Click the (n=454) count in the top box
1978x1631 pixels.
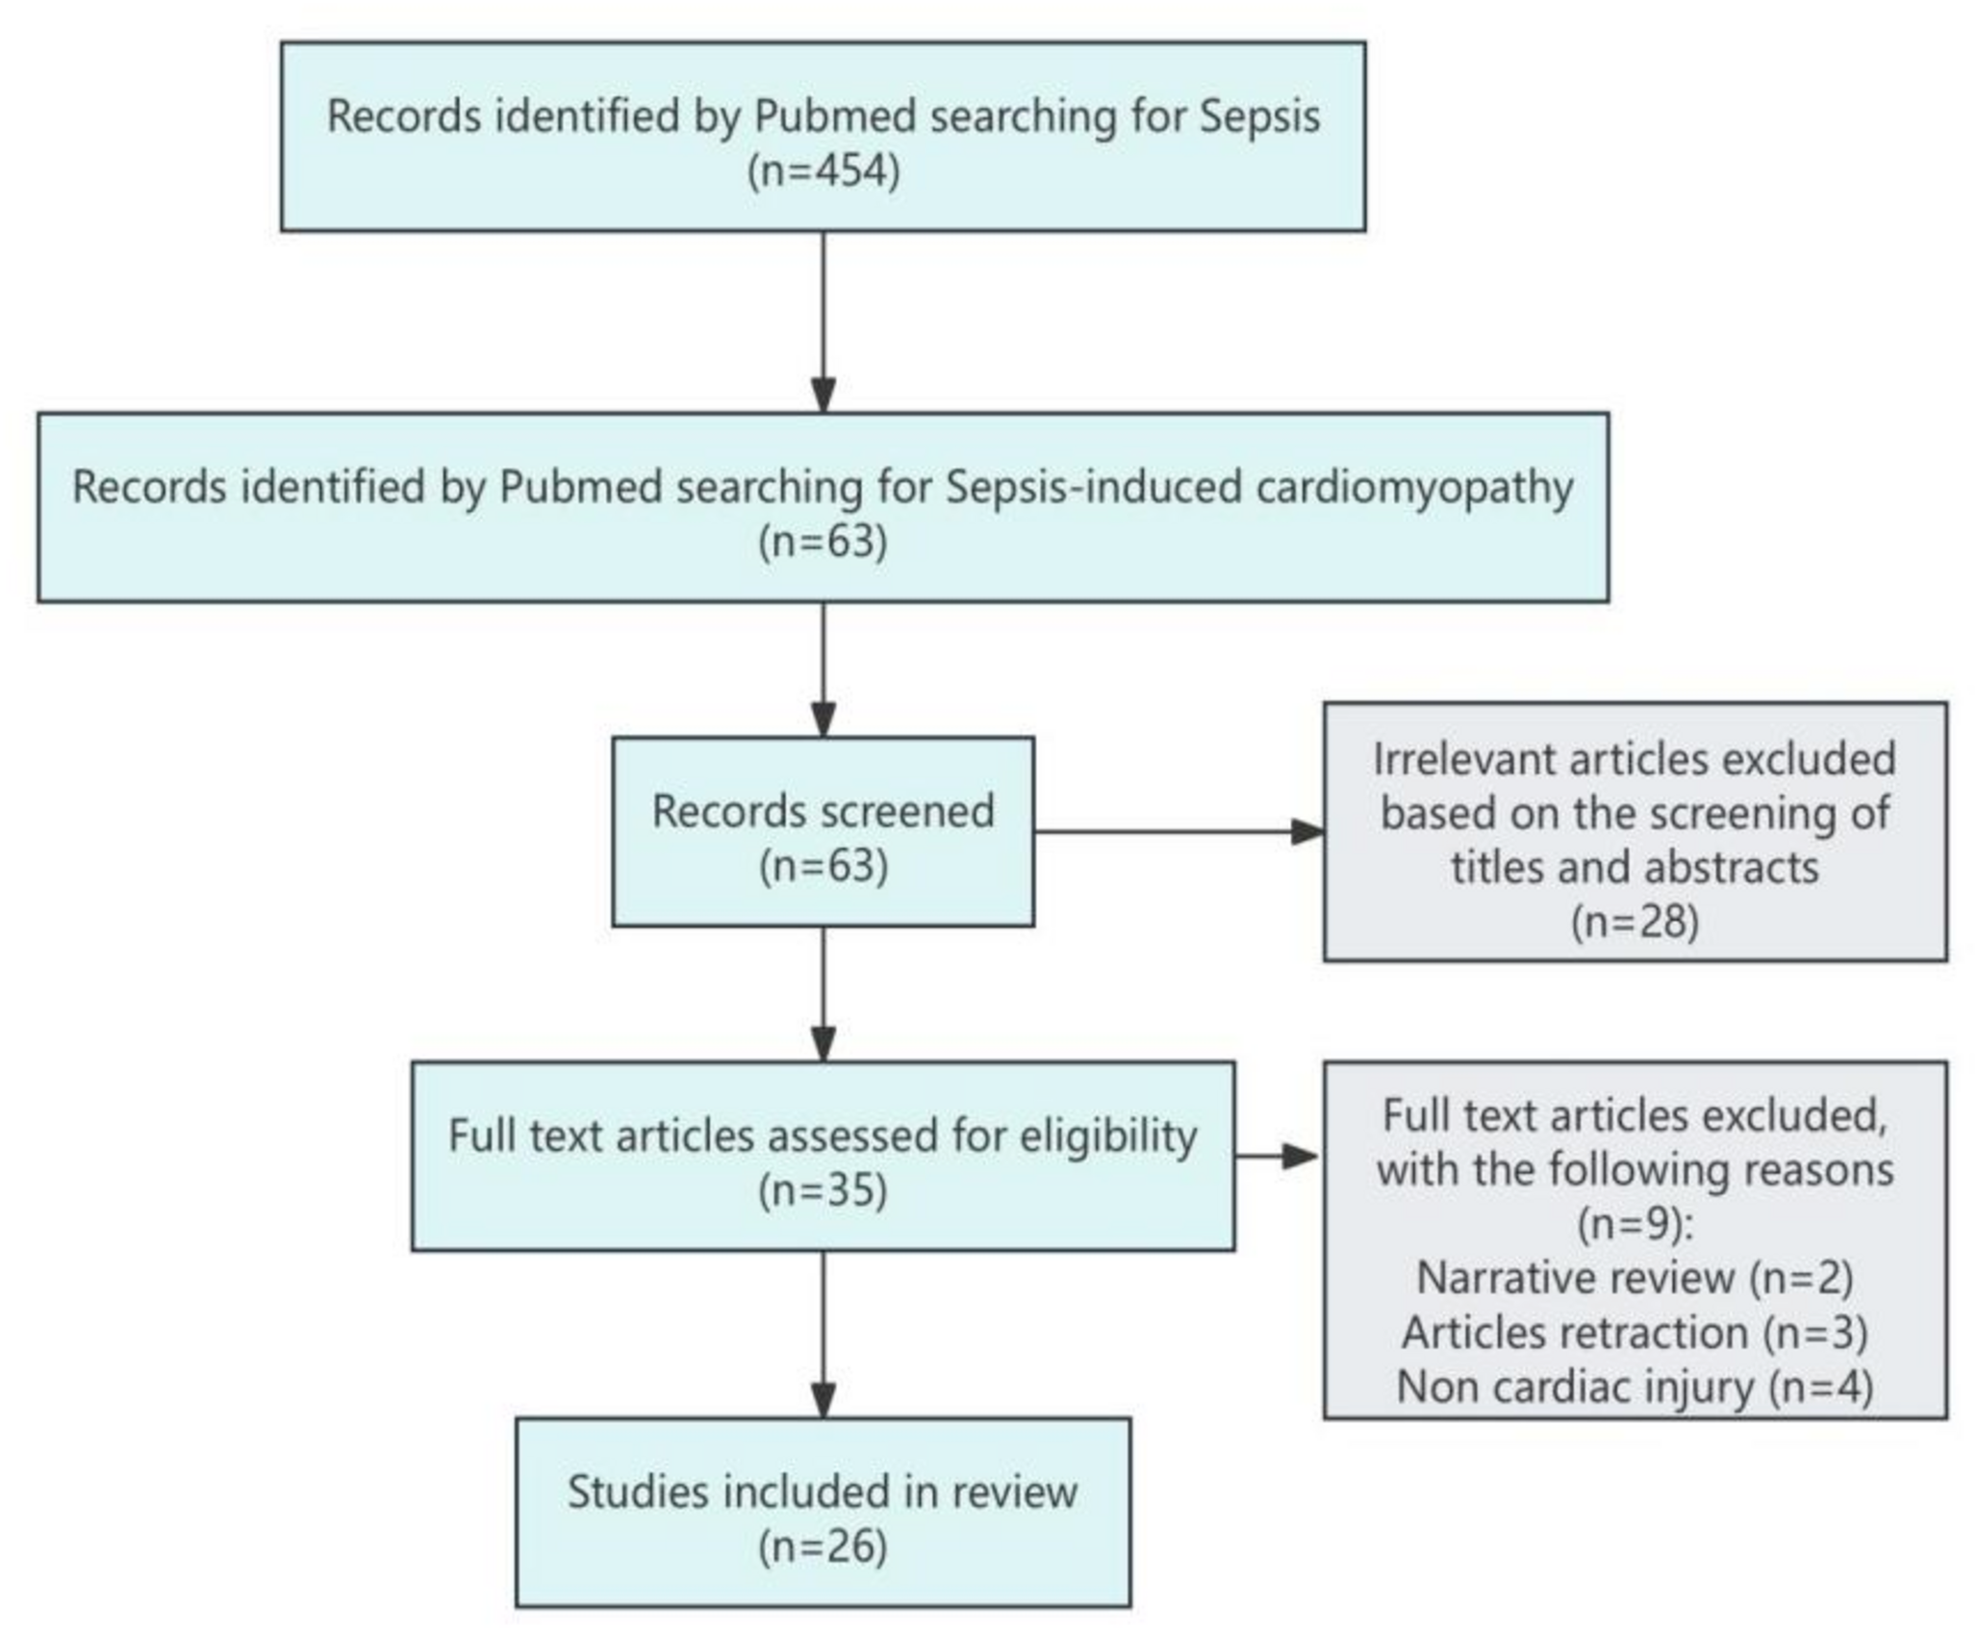(x=824, y=171)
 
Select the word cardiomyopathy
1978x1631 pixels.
(x=1415, y=487)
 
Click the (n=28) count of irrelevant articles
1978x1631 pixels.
(x=1635, y=921)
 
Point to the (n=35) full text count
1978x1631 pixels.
(x=823, y=1191)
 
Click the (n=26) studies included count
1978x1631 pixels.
(x=823, y=1547)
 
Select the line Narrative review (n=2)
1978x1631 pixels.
(x=1635, y=1278)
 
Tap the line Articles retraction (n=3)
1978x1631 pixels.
(x=1635, y=1333)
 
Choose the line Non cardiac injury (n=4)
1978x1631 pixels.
(x=1635, y=1387)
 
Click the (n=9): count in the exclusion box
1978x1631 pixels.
(x=1635, y=1224)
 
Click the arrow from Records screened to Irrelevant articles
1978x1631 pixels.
(x=1179, y=831)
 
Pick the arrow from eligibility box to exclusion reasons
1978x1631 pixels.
(x=1278, y=1156)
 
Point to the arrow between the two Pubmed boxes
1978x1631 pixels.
(x=824, y=322)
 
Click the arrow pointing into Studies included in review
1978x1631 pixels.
(x=824, y=1335)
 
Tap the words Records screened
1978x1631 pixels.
(x=824, y=811)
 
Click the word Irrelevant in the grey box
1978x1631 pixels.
(x=1463, y=759)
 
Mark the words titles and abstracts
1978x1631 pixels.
(x=1635, y=867)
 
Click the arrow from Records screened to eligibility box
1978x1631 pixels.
(x=824, y=994)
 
